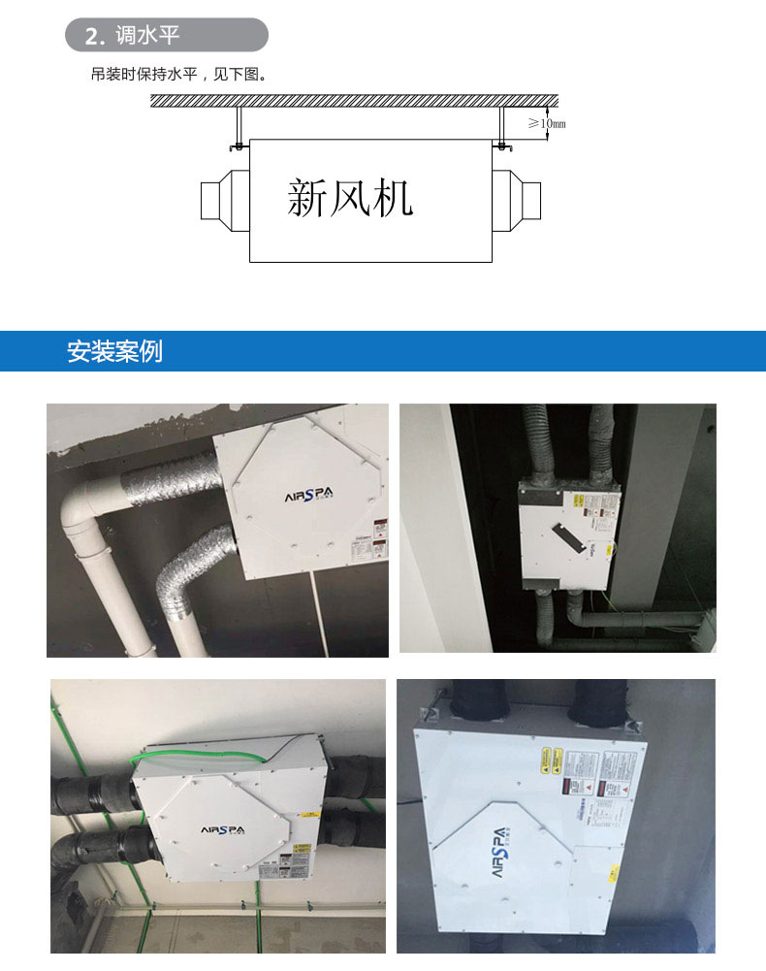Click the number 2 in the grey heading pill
[x=92, y=37]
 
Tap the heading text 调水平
[x=147, y=36]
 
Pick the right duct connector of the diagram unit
[x=518, y=200]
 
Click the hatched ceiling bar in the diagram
[x=354, y=100]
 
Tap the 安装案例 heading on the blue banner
[x=114, y=351]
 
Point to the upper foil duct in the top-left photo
[x=165, y=479]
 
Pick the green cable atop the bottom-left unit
[x=204, y=750]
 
